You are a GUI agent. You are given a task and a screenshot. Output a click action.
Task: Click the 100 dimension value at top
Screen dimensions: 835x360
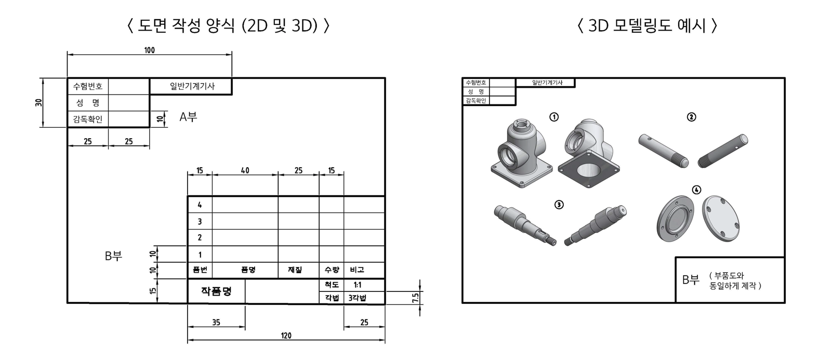(x=150, y=50)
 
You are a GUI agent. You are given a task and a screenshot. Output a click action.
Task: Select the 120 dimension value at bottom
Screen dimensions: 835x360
(x=286, y=336)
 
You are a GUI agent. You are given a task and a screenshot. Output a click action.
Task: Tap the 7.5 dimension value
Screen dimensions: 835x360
(x=416, y=297)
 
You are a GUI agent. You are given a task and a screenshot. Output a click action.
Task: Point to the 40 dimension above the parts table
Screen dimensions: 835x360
(x=245, y=171)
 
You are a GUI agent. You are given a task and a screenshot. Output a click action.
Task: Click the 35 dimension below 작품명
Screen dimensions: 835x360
(x=216, y=323)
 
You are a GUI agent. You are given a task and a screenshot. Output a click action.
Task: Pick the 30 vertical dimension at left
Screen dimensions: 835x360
(x=39, y=102)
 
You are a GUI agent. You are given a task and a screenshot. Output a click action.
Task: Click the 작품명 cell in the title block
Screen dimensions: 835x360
(x=216, y=291)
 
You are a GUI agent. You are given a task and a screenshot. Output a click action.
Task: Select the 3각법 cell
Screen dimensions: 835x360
(x=357, y=298)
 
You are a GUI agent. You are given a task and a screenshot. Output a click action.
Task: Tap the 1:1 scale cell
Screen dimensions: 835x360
(x=357, y=285)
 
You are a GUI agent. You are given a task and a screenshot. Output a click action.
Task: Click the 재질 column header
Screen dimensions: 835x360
(x=295, y=270)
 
